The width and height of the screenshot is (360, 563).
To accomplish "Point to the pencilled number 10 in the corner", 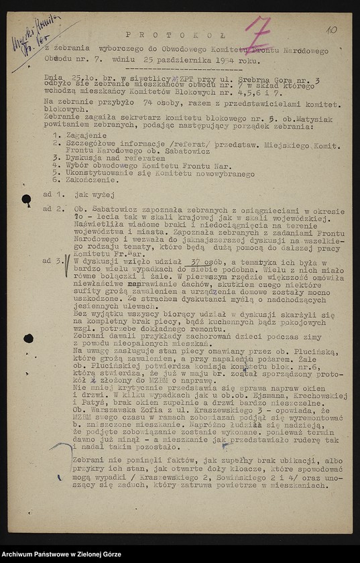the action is (332, 29).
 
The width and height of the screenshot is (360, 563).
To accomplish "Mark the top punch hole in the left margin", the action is (26, 199).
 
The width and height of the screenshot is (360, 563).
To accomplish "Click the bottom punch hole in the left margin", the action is (28, 338).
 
